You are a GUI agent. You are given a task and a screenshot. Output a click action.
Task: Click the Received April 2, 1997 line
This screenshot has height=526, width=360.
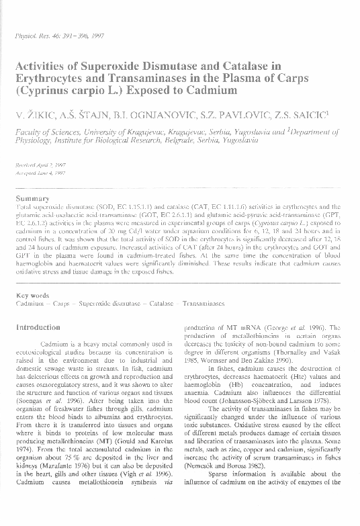pyautogui.click(x=41, y=164)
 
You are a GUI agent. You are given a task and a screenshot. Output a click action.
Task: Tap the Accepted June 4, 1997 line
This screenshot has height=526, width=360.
pyautogui.click(x=40, y=173)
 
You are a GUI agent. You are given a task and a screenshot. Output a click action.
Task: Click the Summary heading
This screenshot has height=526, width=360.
pyautogui.click(x=33, y=198)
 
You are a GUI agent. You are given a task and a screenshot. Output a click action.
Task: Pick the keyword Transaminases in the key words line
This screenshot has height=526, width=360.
pyautogui.click(x=206, y=304)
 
